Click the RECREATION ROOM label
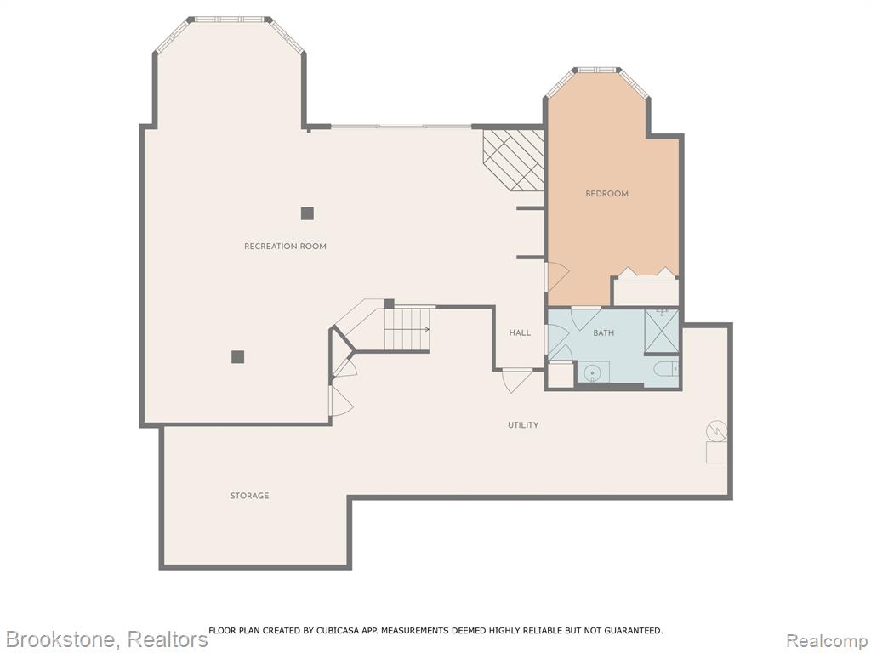click(285, 246)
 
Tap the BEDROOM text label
click(606, 194)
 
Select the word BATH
click(603, 333)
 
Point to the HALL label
click(520, 332)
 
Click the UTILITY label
click(523, 425)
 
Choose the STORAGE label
click(249, 496)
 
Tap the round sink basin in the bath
click(592, 372)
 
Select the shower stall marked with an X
click(662, 331)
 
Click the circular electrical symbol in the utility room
click(716, 431)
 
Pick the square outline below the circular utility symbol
click(716, 452)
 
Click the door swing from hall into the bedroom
click(556, 276)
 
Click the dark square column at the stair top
click(390, 304)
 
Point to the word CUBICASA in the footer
click(339, 630)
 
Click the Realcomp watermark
click(828, 639)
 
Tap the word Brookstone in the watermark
click(60, 639)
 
